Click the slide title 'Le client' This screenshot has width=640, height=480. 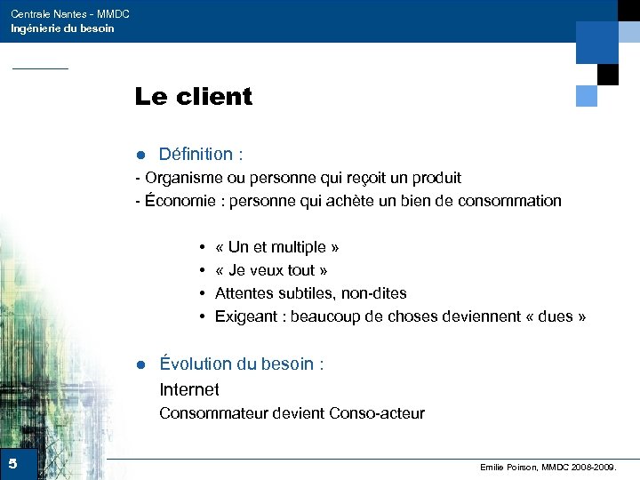click(193, 96)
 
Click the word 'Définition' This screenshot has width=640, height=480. click(195, 155)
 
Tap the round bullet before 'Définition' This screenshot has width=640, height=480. click(140, 156)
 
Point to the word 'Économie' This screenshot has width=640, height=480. click(184, 201)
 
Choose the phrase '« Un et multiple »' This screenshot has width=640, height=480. click(276, 247)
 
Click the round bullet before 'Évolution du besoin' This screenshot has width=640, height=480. click(140, 364)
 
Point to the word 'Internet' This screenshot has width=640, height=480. click(188, 389)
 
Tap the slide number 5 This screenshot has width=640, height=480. click(12, 464)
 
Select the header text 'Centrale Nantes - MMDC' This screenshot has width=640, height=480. click(69, 14)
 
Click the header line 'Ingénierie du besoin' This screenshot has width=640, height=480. click(62, 28)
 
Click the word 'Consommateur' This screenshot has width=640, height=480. click(205, 413)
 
